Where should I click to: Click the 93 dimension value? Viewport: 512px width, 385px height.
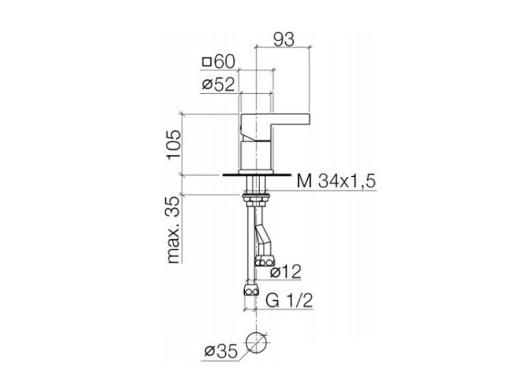tap(284, 39)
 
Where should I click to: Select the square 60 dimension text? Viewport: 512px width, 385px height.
tap(218, 62)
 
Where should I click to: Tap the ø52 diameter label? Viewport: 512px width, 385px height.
tap(218, 85)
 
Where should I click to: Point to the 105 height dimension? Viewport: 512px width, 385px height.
tap(173, 144)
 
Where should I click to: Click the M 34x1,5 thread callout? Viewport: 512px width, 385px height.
tap(337, 181)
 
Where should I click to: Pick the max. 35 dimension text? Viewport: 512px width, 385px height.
tap(173, 230)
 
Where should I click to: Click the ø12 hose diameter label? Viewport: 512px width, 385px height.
tap(285, 271)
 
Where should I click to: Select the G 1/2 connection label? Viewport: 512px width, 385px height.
tap(289, 301)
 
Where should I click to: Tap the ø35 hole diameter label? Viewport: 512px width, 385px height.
tap(221, 351)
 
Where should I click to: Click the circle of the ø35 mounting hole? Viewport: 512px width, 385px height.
tap(256, 332)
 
